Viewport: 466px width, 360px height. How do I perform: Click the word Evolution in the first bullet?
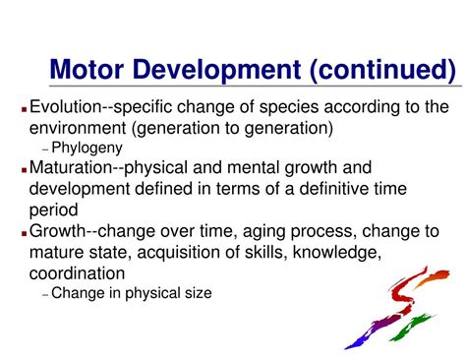66,107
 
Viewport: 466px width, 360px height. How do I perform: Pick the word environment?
79,127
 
